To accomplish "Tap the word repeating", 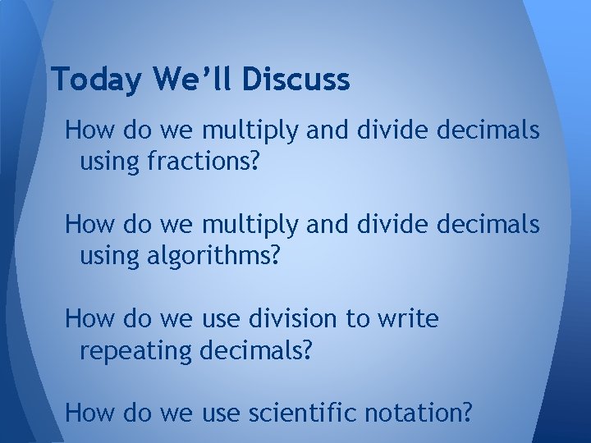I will click(136, 351).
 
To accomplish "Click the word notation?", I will click(408, 413).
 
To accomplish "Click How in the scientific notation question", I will click(86, 413).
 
